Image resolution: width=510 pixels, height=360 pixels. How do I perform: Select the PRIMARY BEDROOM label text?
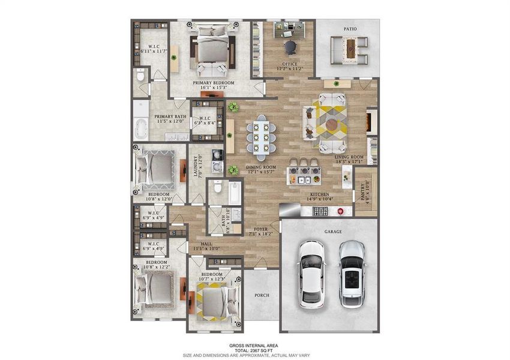[x=213, y=82]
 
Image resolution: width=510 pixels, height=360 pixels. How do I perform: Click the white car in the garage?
[x=311, y=274]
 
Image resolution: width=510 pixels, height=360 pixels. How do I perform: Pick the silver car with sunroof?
[x=351, y=274]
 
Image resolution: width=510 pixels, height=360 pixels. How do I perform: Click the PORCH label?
[x=262, y=295]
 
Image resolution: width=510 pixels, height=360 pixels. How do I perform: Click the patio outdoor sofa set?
[x=349, y=49]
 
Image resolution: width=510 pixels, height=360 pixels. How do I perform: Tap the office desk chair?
[x=290, y=46]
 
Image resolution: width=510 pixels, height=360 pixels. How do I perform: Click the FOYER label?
[x=260, y=229]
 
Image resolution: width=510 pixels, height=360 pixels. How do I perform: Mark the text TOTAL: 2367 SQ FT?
[x=254, y=350]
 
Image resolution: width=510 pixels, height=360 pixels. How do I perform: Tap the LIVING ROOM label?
[x=349, y=157]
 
